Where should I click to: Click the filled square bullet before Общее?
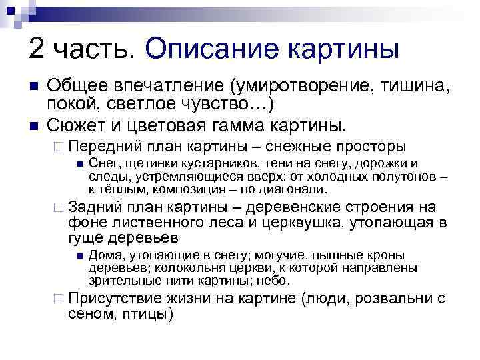pyautogui.click(x=33, y=87)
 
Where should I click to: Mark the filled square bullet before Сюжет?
pyautogui.click(x=33, y=125)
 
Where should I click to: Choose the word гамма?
pyautogui.click(x=257, y=125)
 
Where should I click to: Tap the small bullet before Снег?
pyautogui.click(x=79, y=164)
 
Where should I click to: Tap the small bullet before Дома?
pyautogui.click(x=79, y=256)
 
